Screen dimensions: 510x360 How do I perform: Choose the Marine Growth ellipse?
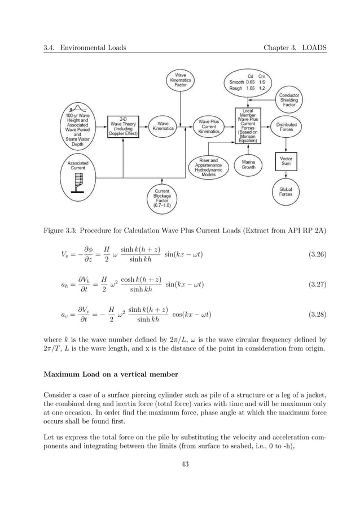click(x=248, y=164)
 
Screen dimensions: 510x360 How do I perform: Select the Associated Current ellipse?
click(x=78, y=164)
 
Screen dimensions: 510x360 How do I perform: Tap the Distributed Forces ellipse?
click(x=287, y=127)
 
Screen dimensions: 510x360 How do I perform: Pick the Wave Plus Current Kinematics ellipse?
click(x=208, y=127)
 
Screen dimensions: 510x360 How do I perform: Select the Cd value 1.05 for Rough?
click(x=251, y=88)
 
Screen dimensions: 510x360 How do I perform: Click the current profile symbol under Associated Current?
click(x=77, y=182)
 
